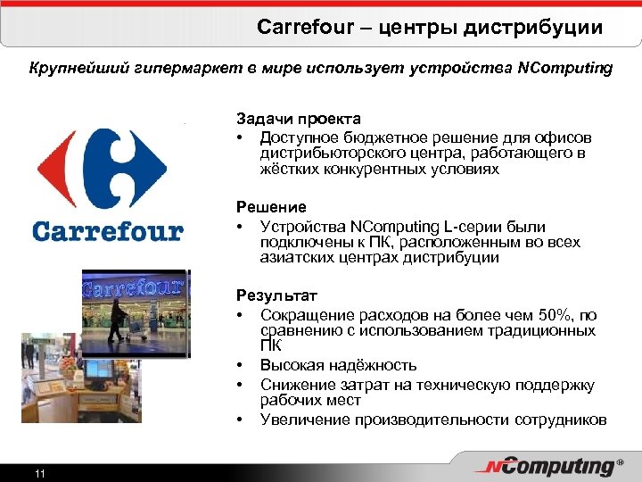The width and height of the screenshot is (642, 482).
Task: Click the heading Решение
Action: coord(271,207)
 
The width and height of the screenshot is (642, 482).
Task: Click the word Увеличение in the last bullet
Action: coord(301,420)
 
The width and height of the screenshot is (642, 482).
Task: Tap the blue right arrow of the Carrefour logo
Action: coord(149,167)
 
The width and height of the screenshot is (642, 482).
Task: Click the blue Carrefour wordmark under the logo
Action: coord(107,231)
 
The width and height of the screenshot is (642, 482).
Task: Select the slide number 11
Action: coord(39,473)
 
